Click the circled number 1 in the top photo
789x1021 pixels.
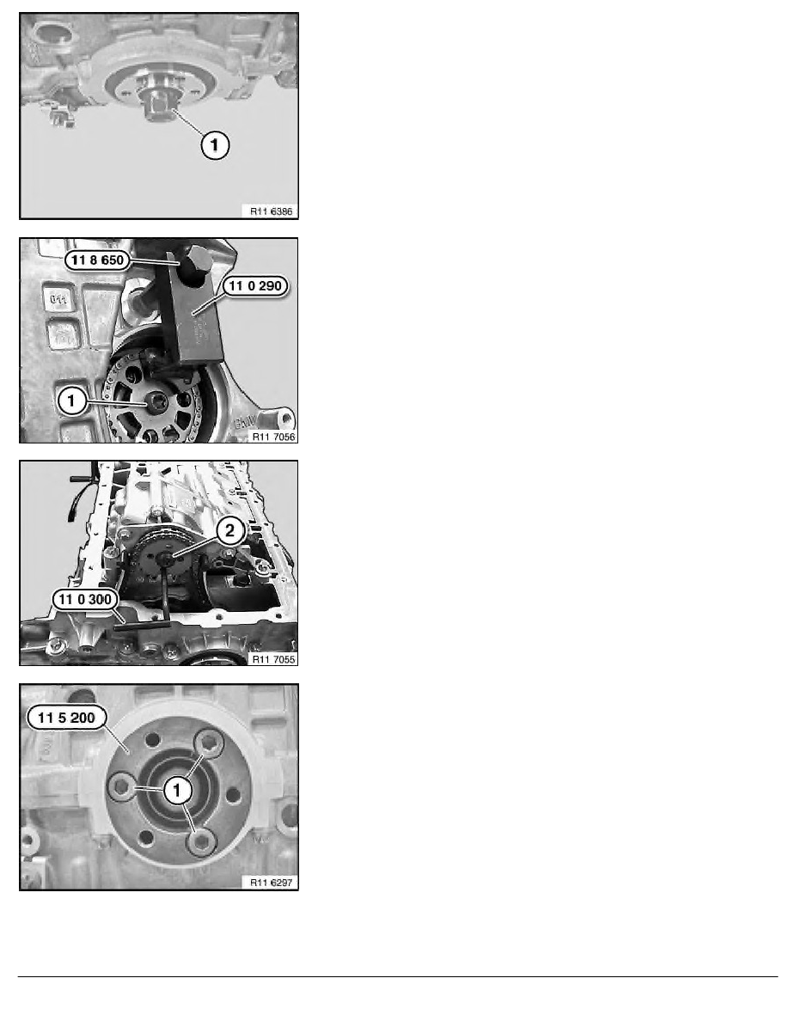click(214, 147)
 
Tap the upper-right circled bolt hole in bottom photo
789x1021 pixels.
click(208, 742)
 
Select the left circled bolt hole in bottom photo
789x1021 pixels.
click(122, 786)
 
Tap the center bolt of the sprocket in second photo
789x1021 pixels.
click(157, 401)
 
